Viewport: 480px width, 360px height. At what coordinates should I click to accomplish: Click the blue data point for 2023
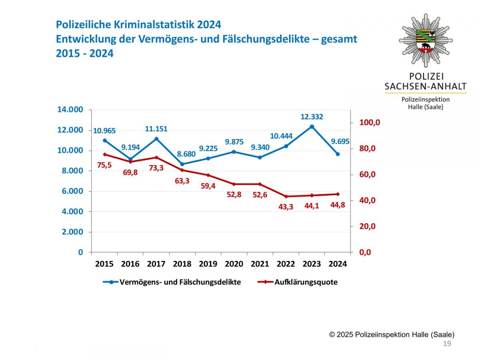[x=312, y=126]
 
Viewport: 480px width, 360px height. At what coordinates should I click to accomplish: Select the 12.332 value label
[x=312, y=117]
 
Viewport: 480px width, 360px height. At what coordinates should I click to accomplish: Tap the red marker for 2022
[x=286, y=196]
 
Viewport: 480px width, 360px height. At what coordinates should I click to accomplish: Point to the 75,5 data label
[x=104, y=165]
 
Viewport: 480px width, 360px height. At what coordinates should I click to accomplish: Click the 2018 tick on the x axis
[x=182, y=264]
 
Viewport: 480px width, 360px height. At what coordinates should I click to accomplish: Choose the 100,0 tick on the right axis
[x=369, y=123]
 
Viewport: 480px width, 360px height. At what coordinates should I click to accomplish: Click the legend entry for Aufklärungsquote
[x=306, y=282]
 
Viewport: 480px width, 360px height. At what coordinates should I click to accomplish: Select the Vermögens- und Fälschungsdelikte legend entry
[x=180, y=282]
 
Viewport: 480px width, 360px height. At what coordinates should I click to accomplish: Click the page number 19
[x=447, y=344]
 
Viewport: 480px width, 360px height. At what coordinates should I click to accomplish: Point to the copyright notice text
[x=392, y=334]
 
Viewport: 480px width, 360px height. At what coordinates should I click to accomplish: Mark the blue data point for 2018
[x=182, y=164]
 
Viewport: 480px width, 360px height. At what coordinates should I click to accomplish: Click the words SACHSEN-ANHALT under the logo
[x=426, y=86]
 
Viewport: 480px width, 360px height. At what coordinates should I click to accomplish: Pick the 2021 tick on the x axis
[x=260, y=264]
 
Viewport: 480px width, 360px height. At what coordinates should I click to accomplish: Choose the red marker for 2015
[x=105, y=154]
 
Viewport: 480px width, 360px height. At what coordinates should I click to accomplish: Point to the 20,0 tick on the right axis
[x=369, y=226]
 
